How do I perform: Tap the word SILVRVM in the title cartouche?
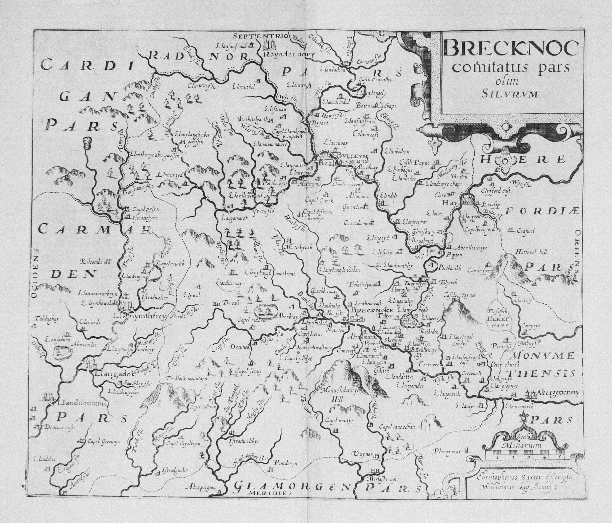[511, 94]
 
